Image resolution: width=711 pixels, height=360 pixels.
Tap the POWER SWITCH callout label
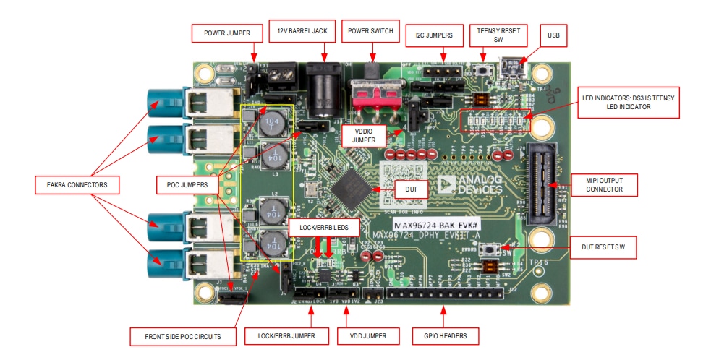coord(370,32)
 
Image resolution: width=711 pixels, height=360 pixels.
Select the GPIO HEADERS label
coord(443,335)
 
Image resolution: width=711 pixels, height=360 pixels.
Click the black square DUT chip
coord(352,184)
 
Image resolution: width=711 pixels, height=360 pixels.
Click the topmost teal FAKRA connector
coord(166,101)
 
